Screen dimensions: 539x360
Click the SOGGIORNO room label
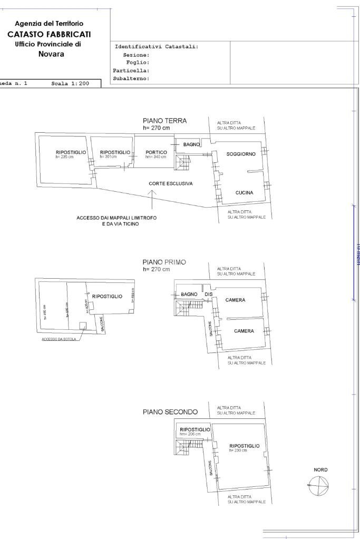(x=241, y=154)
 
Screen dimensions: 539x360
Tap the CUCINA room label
(x=244, y=193)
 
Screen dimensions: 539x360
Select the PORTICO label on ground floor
(x=156, y=152)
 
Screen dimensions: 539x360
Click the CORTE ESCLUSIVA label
(x=170, y=184)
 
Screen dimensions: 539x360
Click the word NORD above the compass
(x=320, y=469)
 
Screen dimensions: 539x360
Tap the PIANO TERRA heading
(x=164, y=121)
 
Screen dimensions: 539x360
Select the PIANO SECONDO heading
(x=170, y=412)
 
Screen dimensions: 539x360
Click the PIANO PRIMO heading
(x=164, y=262)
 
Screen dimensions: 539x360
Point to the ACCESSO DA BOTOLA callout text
(x=59, y=339)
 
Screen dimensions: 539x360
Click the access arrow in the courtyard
(x=152, y=199)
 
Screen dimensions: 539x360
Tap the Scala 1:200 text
(x=70, y=83)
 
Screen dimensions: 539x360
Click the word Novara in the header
(x=52, y=54)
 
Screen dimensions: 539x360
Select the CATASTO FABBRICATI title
(x=49, y=34)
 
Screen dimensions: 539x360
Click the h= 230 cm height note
(x=238, y=450)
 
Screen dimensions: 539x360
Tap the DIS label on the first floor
(x=208, y=294)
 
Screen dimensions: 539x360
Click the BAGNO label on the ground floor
(x=191, y=144)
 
